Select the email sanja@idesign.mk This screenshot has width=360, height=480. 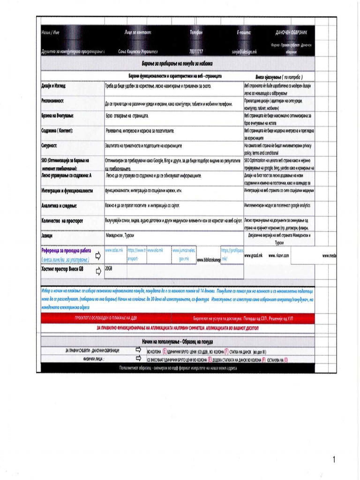point(244,51)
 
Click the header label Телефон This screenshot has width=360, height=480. point(196,32)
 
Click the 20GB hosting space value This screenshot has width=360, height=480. point(109,268)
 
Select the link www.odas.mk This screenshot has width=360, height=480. point(114,250)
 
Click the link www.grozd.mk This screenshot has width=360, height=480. point(253,255)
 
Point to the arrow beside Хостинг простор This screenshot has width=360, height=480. point(98,271)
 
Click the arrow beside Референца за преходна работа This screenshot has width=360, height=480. point(98,255)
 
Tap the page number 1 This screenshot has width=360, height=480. point(334,460)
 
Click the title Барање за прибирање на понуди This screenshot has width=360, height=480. point(177,63)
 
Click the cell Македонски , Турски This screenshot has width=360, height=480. point(120,235)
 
